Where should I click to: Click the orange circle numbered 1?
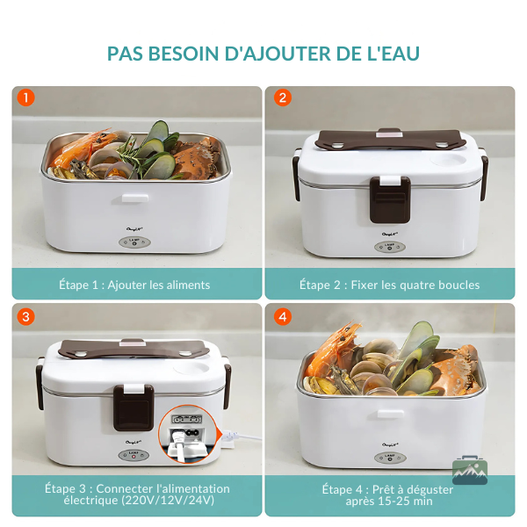(x=25, y=97)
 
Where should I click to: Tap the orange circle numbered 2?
(x=283, y=97)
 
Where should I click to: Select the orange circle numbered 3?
(x=25, y=316)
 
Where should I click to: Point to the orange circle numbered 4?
(x=283, y=316)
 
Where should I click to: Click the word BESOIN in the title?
(x=184, y=54)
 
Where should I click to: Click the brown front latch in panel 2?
(x=390, y=199)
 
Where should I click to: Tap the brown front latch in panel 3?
(x=134, y=408)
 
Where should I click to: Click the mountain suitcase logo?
(x=470, y=470)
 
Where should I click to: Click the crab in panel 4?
(x=455, y=370)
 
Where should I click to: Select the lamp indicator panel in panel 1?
(x=134, y=242)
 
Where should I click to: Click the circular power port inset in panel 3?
(x=190, y=434)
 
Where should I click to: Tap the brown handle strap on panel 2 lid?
(x=390, y=139)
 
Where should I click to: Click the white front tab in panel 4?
(x=390, y=414)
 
